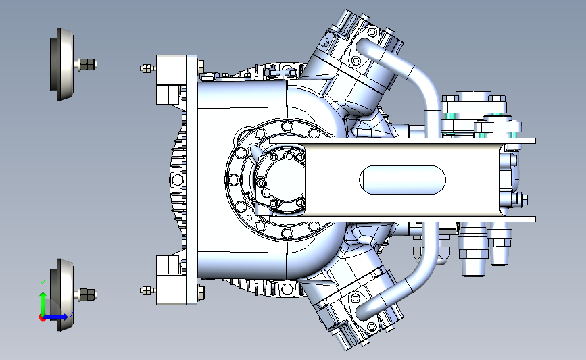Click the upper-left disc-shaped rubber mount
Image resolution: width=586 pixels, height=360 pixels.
click(62, 64)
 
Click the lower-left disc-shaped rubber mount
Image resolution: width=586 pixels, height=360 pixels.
click(62, 294)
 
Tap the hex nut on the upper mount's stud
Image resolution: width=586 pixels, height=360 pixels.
click(87, 64)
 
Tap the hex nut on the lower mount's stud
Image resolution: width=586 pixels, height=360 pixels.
click(87, 294)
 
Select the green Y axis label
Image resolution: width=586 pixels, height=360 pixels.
click(43, 284)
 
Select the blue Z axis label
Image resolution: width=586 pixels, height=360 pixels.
click(72, 313)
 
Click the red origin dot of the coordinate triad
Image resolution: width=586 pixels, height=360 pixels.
click(42, 318)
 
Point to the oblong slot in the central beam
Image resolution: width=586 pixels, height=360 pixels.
click(403, 180)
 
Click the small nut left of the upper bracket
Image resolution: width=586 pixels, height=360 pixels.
click(147, 68)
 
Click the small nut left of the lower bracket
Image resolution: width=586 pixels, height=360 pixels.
click(147, 290)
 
